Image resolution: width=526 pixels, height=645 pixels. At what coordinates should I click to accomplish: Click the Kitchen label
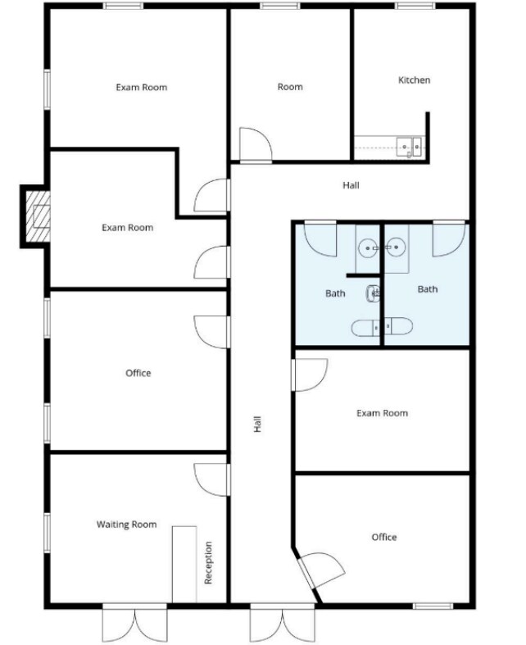414,80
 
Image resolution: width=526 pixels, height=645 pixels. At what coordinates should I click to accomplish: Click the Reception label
208,562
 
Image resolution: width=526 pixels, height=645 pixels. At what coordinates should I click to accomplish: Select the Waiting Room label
126,525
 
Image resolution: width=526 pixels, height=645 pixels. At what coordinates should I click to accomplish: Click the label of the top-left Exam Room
141,87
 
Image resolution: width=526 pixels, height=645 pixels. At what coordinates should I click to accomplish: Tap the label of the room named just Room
290,87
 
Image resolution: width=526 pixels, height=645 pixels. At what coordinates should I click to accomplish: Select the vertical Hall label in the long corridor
257,425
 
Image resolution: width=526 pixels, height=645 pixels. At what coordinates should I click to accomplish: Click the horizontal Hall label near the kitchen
351,185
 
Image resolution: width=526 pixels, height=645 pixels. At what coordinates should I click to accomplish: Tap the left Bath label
335,293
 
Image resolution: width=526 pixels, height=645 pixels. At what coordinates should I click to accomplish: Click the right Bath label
427,289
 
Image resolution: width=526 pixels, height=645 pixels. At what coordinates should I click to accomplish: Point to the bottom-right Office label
383,538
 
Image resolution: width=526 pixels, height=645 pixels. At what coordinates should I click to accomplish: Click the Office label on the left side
138,374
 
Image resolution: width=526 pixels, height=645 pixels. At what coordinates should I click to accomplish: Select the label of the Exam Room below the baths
382,414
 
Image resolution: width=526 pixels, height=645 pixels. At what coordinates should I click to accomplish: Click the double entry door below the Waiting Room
135,623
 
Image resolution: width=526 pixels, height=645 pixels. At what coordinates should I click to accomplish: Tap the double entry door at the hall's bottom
281,623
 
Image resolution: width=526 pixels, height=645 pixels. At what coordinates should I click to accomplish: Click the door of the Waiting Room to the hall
211,479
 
